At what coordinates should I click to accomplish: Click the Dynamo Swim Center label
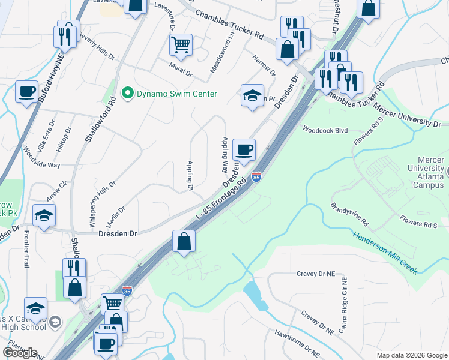[x=176, y=94]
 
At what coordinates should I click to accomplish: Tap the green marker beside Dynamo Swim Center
[x=127, y=94]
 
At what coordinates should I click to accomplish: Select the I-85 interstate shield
[x=256, y=177]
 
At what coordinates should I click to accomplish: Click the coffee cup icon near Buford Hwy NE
[x=26, y=92]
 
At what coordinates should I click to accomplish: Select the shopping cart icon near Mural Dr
[x=181, y=44]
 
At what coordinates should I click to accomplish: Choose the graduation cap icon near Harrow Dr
[x=252, y=95]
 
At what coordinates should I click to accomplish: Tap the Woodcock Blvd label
[x=325, y=129]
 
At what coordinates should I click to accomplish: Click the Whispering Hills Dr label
[x=102, y=203]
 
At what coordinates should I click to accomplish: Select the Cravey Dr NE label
[x=315, y=274]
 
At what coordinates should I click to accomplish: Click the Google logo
[x=20, y=353]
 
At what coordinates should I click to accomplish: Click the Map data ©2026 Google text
[x=411, y=355]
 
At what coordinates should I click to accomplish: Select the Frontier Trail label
[x=26, y=254]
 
